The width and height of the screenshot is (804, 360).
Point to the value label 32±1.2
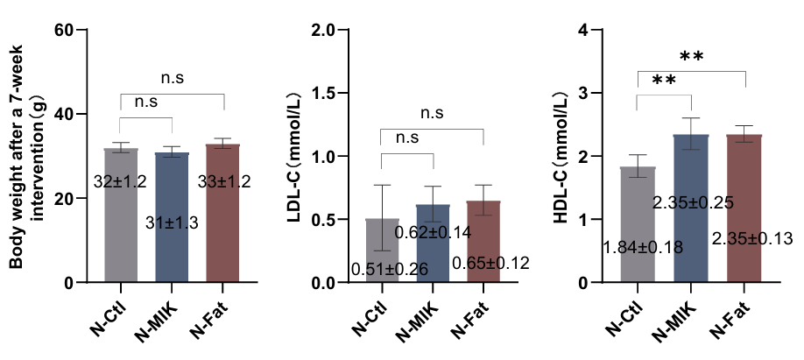pos(120,182)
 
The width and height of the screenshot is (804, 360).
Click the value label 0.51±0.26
pos(389,269)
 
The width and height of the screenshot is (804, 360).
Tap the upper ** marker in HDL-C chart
pos(692,57)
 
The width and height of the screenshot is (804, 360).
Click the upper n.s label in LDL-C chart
pos(433,113)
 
